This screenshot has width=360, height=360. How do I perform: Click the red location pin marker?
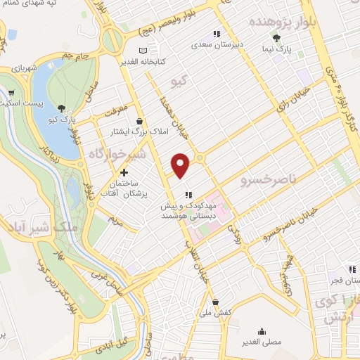tap(181, 165)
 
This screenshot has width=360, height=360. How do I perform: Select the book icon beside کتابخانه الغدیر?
tap(143, 51)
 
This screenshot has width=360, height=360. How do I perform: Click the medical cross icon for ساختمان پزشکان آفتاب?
tap(124, 172)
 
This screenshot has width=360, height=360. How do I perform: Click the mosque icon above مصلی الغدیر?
tap(262, 331)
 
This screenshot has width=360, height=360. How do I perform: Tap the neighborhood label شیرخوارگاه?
tap(112, 155)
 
